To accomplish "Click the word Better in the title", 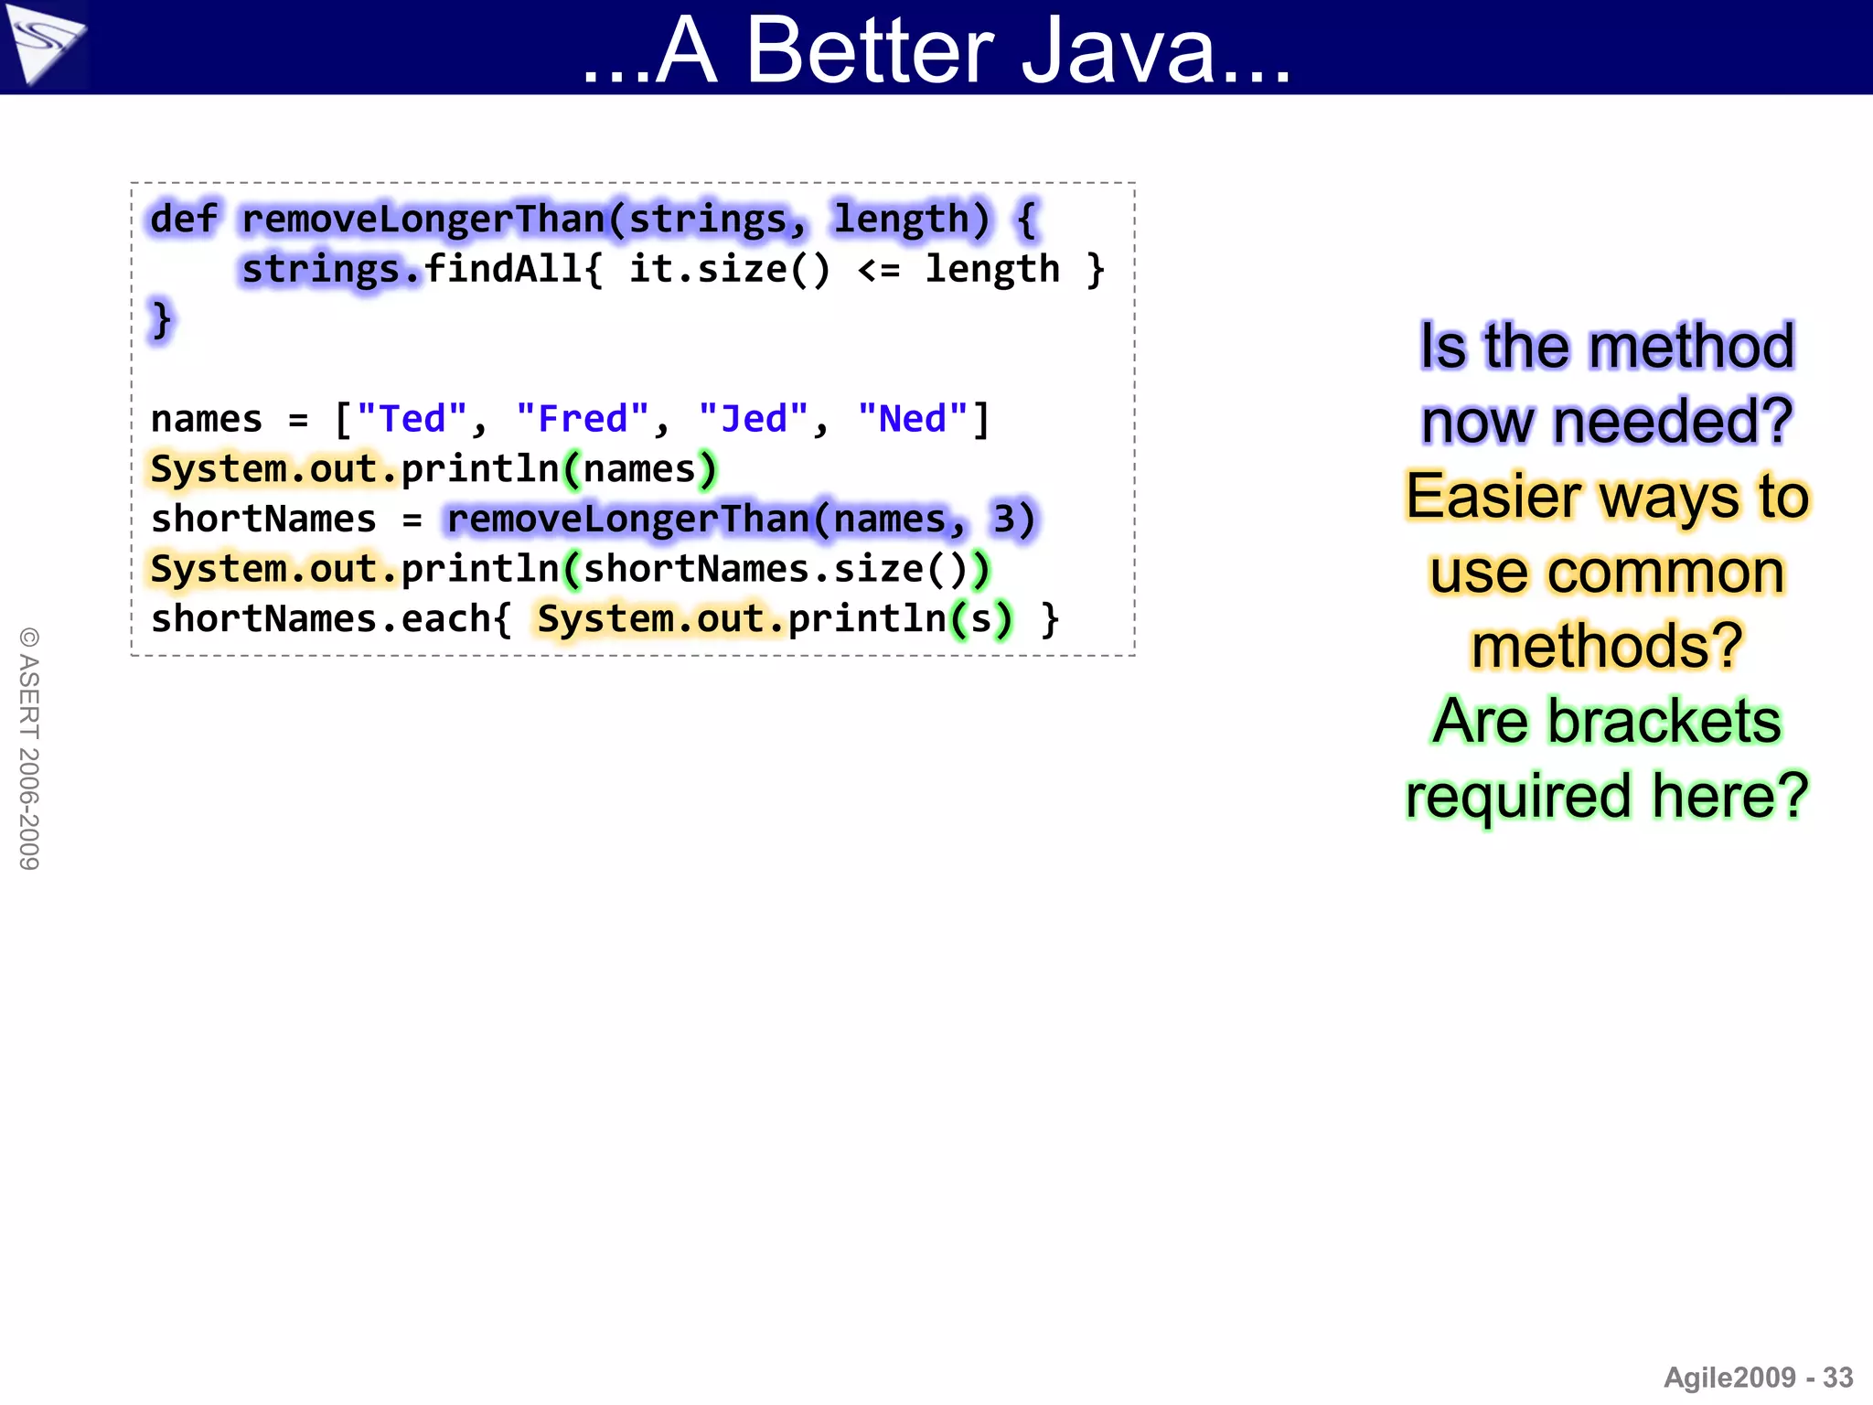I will pyautogui.click(x=869, y=51).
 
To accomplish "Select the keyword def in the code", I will pyautogui.click(x=184, y=220).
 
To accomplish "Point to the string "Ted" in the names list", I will pyautogui.click(x=412, y=419).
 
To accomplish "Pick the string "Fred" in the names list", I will pyautogui.click(x=583, y=419).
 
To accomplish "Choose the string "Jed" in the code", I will pyautogui.click(x=754, y=419).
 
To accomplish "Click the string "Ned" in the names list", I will pyautogui.click(x=913, y=419).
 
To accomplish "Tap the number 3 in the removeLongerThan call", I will pyautogui.click(x=1004, y=519).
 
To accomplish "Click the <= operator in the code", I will pyautogui.click(x=879, y=269).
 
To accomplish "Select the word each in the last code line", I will pyautogui.click(x=445, y=619).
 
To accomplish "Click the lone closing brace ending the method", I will pyautogui.click(x=161, y=319).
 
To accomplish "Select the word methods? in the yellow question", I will pyautogui.click(x=1607, y=646).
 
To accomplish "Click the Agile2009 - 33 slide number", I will pyautogui.click(x=1757, y=1377).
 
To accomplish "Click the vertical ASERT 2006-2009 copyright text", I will pyautogui.click(x=29, y=748).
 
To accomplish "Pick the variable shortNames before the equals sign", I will pyautogui.click(x=263, y=519).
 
